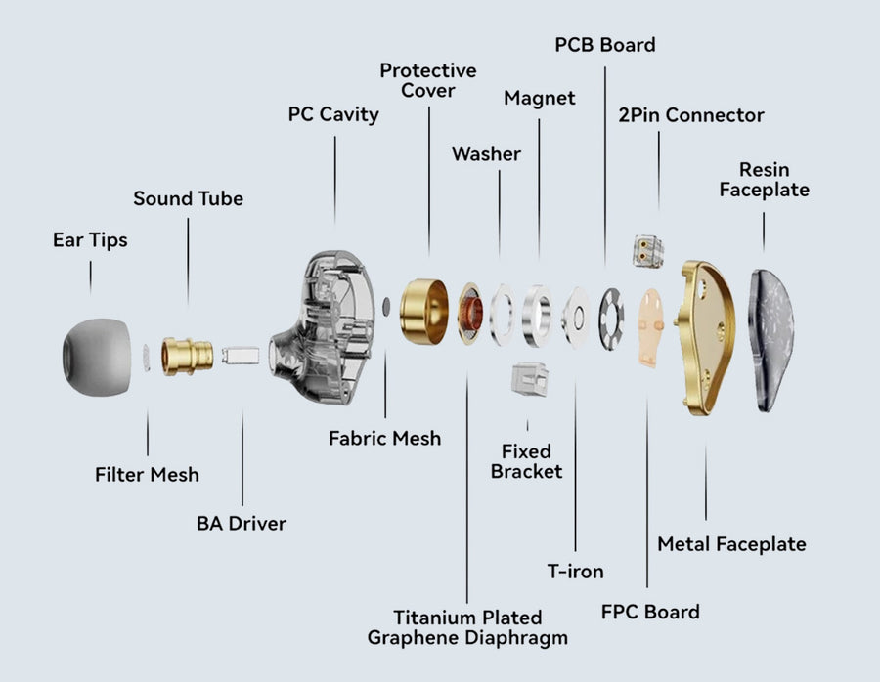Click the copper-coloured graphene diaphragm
(x=471, y=315)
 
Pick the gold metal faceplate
(x=706, y=335)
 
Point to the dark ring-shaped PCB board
(x=613, y=320)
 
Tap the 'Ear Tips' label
(x=90, y=239)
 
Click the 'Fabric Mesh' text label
(x=384, y=439)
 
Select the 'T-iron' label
(x=574, y=572)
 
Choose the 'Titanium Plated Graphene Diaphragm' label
(x=467, y=627)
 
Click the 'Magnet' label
(x=539, y=98)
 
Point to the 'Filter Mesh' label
(x=147, y=475)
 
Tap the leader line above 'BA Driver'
(x=242, y=459)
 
